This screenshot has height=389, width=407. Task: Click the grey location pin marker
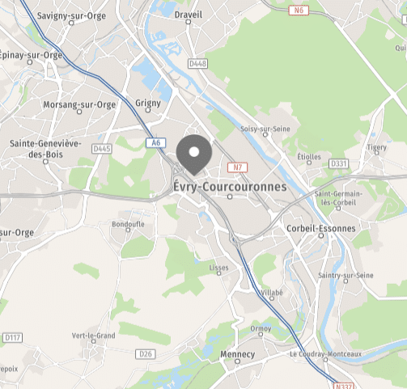[193, 154]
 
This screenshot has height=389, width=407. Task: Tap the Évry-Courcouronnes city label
[230, 187]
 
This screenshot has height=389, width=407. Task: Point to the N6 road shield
[299, 11]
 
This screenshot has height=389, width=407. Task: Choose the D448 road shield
[197, 63]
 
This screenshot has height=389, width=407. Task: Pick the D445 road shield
[101, 149]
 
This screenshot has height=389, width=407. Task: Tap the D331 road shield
[338, 163]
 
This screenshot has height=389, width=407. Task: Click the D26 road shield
[146, 353]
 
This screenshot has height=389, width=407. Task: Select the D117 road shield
[11, 337]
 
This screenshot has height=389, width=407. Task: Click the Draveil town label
[188, 14]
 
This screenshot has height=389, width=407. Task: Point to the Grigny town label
[148, 104]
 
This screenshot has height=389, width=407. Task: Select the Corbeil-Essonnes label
[320, 229]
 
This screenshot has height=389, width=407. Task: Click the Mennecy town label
[237, 355]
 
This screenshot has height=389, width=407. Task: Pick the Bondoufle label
[127, 223]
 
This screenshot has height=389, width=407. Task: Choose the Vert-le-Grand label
[94, 336]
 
